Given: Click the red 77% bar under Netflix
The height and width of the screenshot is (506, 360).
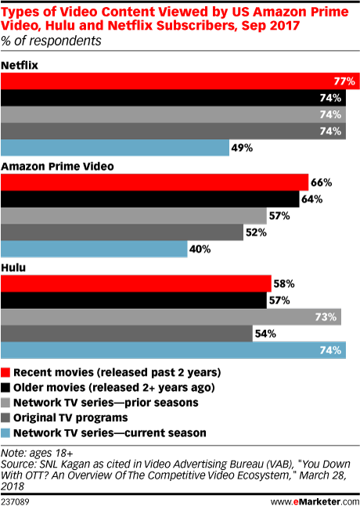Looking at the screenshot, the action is pos(180,81).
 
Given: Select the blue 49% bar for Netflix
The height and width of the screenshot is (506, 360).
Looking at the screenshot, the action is pos(115,148).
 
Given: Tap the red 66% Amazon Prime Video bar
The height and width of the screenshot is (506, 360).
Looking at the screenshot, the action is pos(155,182).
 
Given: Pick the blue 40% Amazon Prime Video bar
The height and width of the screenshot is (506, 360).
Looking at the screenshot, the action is pos(94,249).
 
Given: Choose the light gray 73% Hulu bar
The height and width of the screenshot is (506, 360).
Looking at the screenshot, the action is pos(171,317).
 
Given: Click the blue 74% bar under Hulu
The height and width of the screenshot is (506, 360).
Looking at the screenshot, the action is pos(174,350).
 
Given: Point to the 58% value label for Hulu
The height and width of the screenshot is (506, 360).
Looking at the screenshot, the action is pos(284,284).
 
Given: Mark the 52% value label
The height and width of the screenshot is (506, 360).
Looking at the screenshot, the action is pos(256,232).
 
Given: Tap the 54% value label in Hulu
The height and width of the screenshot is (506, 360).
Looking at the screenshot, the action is pos(265,334).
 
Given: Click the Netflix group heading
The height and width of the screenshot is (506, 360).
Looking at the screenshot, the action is pos(20,65).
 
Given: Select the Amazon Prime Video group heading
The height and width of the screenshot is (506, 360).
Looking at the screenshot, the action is pos(57,167).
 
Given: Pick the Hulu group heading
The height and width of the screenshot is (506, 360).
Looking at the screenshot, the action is pos(13,267).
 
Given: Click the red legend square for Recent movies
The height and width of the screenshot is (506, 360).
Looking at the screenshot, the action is pos(5,372).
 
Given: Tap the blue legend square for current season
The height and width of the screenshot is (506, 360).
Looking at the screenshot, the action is pos(5,432).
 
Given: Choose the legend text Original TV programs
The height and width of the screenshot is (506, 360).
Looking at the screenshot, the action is pos(70,418).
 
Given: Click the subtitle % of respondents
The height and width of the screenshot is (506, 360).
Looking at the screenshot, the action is pos(51,41).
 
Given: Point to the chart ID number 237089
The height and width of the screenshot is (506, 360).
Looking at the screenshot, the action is pos(15,501).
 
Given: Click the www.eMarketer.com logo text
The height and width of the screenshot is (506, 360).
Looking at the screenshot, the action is pos(315,501).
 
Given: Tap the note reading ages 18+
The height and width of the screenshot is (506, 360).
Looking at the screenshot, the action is pos(37,453).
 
